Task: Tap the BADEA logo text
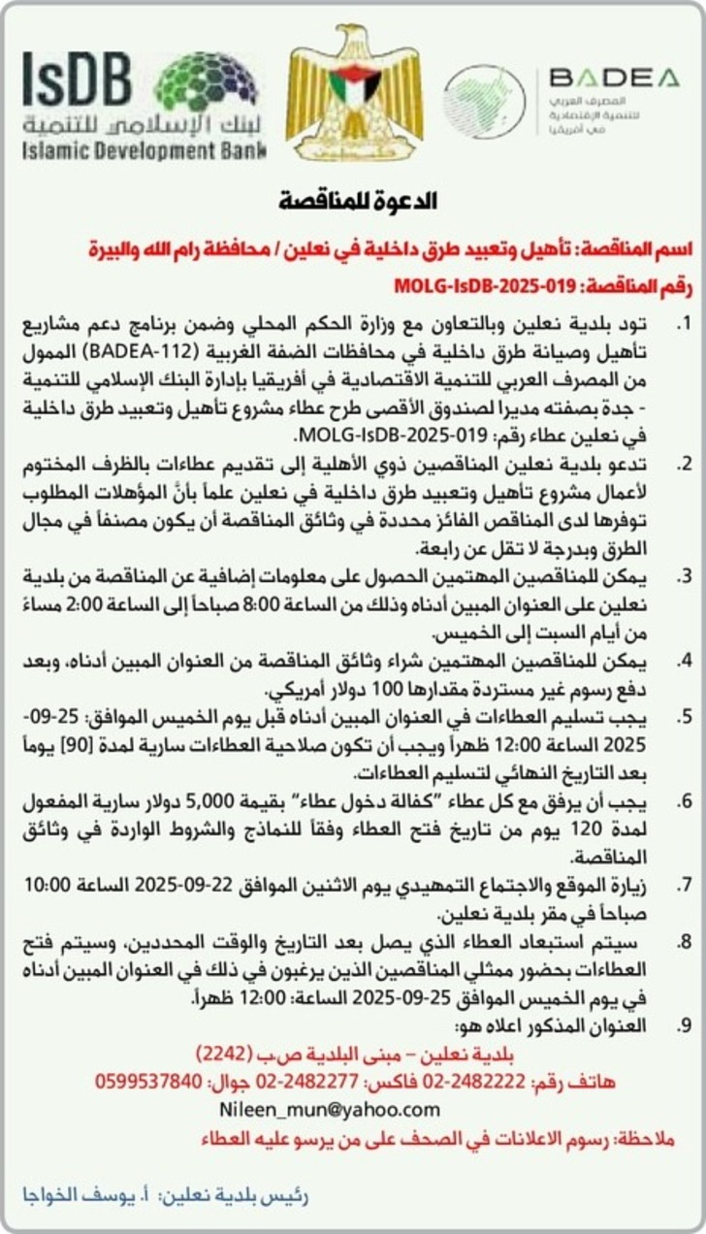(614, 77)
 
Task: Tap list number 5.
(685, 717)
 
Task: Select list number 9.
(685, 1025)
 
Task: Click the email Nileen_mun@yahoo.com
(330, 1109)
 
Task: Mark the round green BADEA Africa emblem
(484, 101)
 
